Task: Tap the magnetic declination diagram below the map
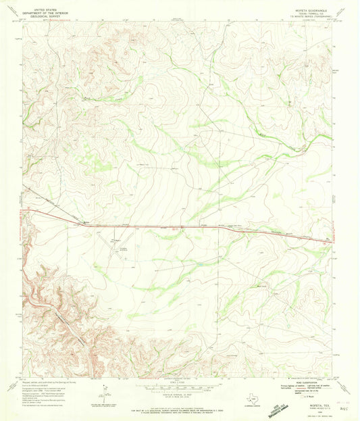(x=104, y=391)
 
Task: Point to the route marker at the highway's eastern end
(x=329, y=241)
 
